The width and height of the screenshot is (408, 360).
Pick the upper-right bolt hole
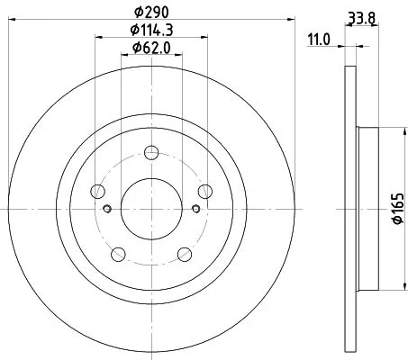(x=205, y=190)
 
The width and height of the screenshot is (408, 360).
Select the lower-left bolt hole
(x=118, y=253)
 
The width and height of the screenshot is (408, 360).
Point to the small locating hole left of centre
(x=107, y=209)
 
